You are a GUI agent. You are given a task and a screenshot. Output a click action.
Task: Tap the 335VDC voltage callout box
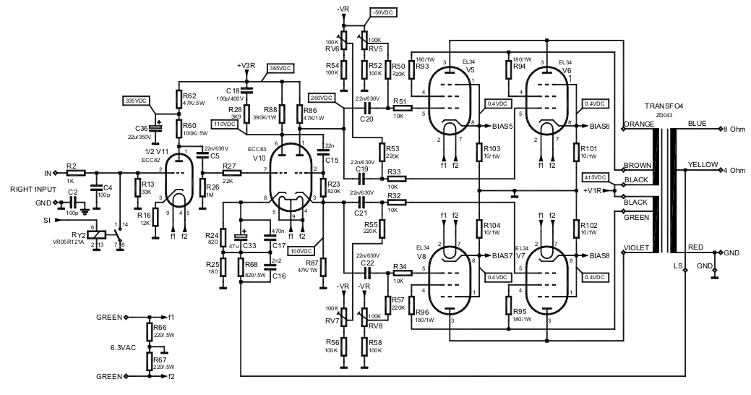point(136,100)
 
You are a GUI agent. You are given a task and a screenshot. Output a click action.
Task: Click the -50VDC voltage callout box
point(382,13)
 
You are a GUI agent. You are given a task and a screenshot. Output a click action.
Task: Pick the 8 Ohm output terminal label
point(735,129)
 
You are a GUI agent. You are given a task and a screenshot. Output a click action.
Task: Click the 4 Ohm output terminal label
point(735,170)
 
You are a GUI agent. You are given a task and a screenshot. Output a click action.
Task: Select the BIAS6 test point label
point(599,126)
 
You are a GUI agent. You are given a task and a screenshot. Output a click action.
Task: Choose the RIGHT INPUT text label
point(33,188)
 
